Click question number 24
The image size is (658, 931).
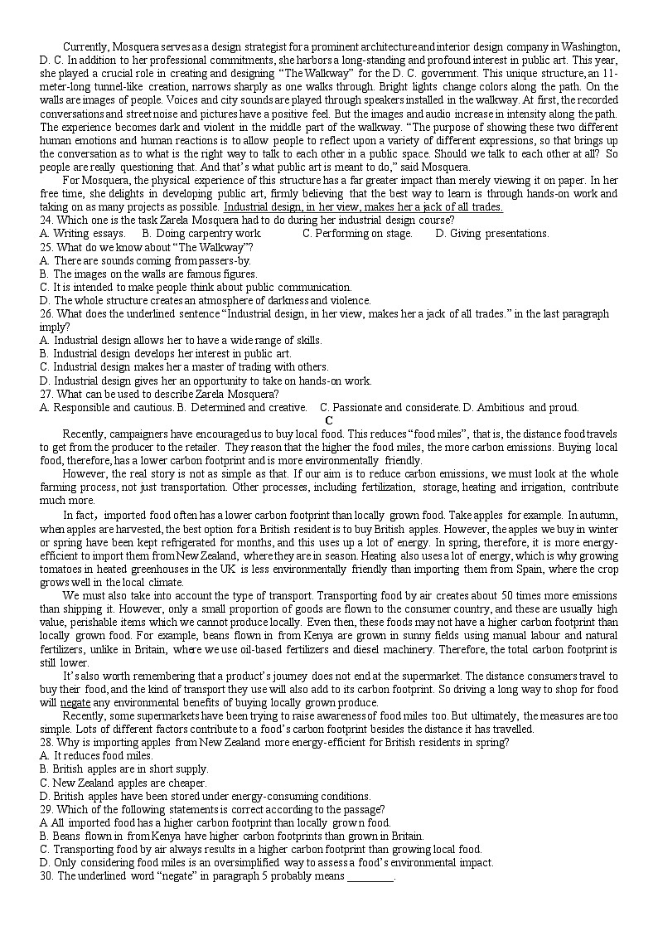coord(46,220)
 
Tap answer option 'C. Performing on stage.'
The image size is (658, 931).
coord(357,233)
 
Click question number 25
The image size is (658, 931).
coord(46,247)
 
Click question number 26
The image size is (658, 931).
coord(46,314)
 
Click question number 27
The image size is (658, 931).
coord(46,394)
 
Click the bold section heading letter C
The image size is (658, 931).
coord(329,420)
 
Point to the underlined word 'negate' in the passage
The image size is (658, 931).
coord(75,703)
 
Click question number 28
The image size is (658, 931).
coord(46,743)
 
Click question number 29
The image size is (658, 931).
coord(46,809)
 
